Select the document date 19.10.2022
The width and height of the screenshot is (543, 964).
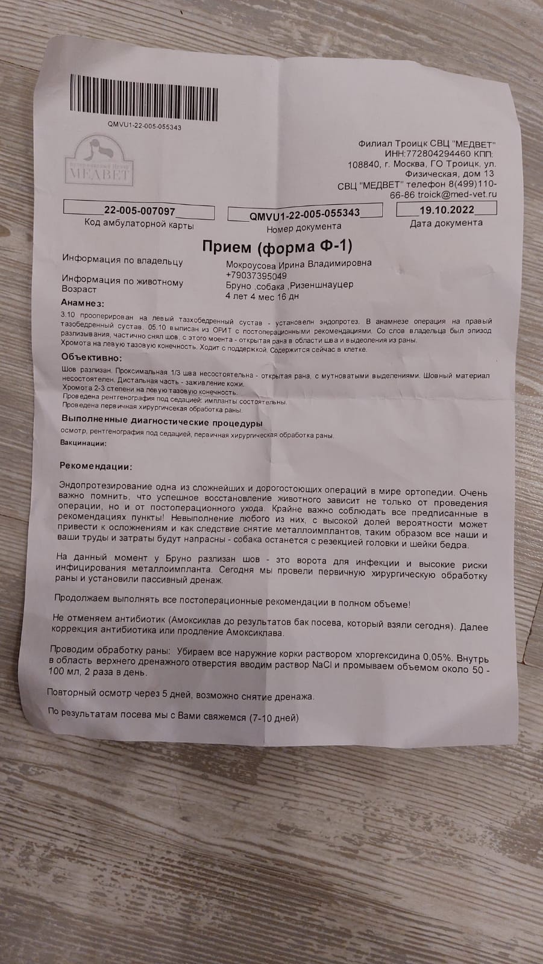click(446, 210)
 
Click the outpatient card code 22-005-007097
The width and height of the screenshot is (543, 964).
click(139, 211)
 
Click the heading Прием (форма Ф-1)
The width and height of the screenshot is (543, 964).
click(277, 247)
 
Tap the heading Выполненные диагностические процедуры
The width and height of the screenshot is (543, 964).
click(162, 422)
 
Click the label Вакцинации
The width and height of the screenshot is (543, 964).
click(83, 443)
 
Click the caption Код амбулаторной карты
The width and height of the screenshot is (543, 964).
click(140, 225)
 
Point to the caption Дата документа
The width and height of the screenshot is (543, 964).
click(446, 223)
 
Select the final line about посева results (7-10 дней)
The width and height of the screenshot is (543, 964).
click(173, 718)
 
